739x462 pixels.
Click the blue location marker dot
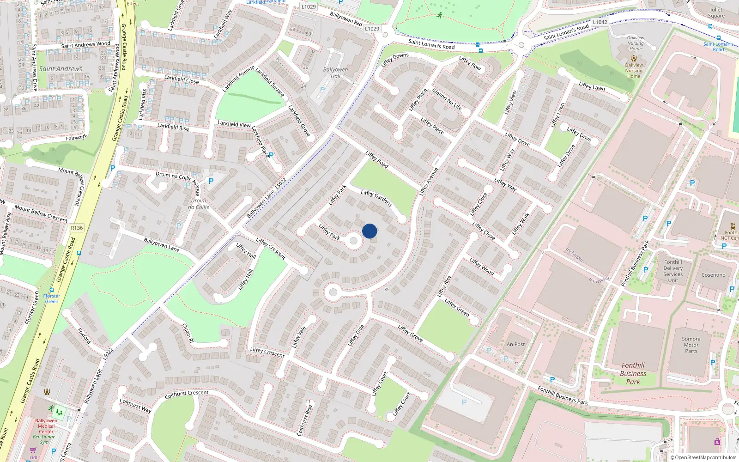[369, 231]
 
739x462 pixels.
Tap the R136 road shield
[77, 228]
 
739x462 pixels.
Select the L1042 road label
[600, 22]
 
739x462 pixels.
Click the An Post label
[515, 344]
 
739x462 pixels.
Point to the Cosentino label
[713, 275]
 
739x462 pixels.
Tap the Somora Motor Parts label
[691, 345]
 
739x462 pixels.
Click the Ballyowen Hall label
[335, 73]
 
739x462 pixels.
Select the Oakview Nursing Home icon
[634, 58]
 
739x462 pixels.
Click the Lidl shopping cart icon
[33, 450]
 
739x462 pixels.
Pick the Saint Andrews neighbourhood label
[61, 69]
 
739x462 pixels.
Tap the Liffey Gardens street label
[376, 198]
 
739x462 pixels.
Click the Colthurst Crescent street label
[187, 395]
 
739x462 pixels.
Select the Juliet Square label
[716, 12]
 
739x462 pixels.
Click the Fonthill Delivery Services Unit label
[673, 271]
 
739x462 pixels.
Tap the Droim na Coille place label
[199, 204]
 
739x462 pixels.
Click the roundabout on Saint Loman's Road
[521, 45]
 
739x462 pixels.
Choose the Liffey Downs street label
[394, 60]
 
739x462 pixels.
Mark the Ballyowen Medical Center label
[46, 426]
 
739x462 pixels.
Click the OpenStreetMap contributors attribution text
[703, 458]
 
